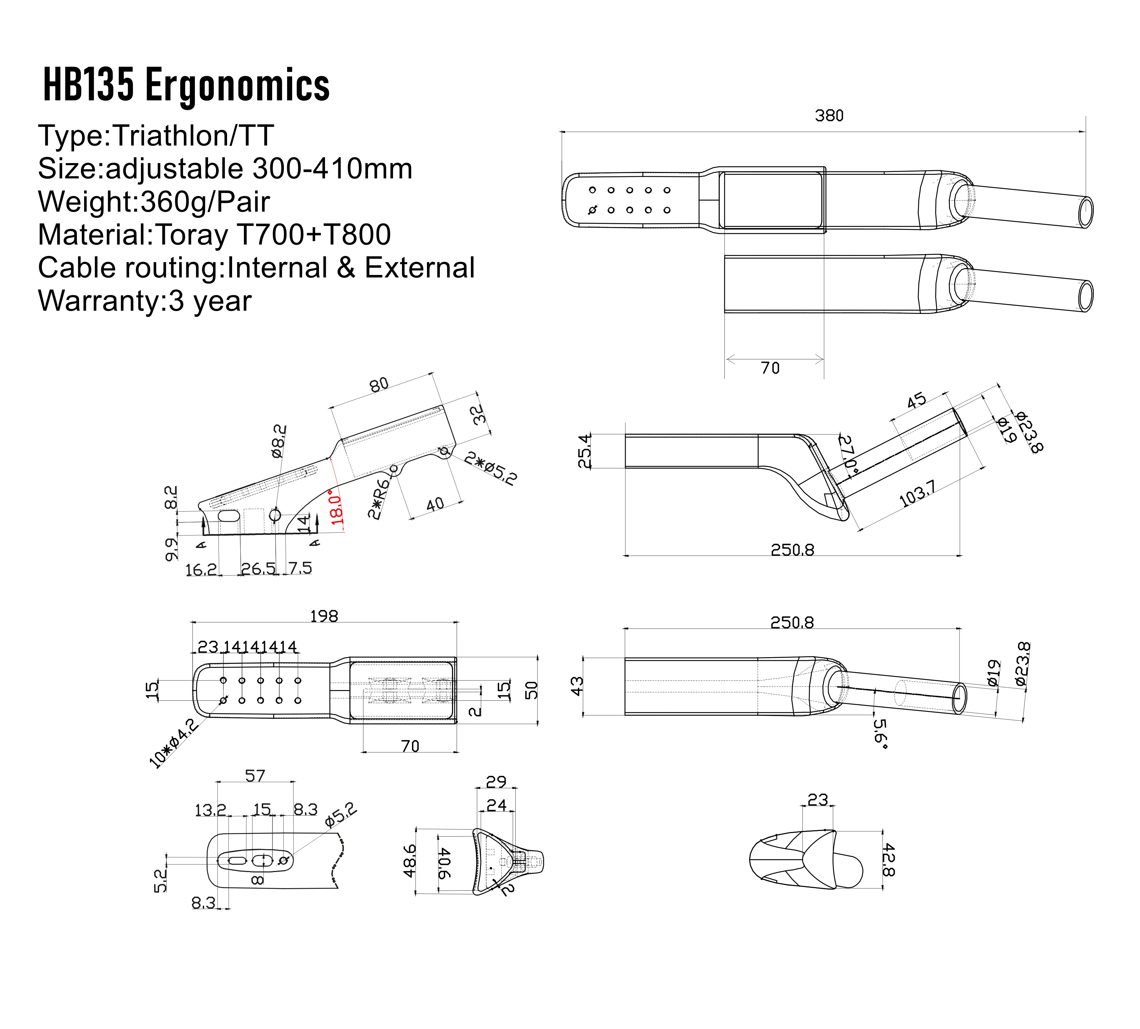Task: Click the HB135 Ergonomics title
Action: (187, 85)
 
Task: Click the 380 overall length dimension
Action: (829, 116)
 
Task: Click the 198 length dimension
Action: (324, 616)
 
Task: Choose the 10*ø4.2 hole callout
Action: (173, 743)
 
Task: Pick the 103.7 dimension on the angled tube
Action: (917, 493)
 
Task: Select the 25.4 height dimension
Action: (585, 451)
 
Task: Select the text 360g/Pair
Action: (205, 202)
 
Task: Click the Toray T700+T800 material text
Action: (272, 235)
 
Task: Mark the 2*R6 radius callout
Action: (379, 499)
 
